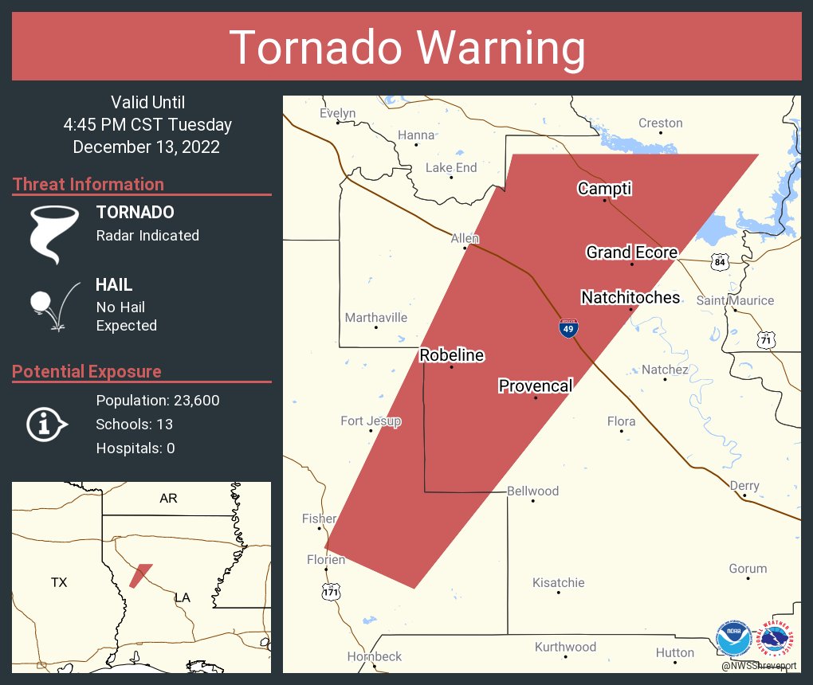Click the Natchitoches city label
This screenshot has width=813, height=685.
tap(630, 298)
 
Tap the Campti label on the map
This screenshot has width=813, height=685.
tap(604, 189)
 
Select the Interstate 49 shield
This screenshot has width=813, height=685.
tap(568, 328)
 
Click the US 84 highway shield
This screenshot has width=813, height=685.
tap(720, 261)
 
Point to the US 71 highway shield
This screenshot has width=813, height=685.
tap(766, 339)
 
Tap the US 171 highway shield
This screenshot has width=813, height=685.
tap(330, 592)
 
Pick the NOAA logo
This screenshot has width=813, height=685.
tap(732, 639)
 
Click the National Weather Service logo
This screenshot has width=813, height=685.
tap(776, 639)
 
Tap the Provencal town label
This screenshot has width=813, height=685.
tap(535, 386)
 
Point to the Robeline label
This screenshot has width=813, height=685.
tap(452, 355)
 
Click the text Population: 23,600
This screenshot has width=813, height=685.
tap(158, 400)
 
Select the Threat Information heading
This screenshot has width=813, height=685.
tap(88, 184)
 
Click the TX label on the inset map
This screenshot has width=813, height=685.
tap(59, 582)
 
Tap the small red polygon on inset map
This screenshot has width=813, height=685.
tap(139, 575)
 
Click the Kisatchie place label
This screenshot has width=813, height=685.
tap(558, 582)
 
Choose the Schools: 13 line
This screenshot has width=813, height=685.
tap(134, 424)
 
